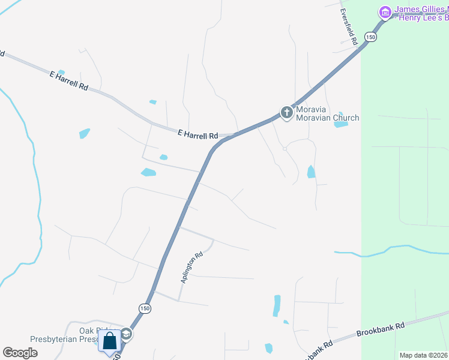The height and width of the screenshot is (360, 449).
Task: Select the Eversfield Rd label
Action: [348, 28]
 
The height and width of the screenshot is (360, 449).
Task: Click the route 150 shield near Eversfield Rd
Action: [371, 37]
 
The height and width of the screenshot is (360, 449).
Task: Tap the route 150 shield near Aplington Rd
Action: [144, 308]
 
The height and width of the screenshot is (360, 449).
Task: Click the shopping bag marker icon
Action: [110, 342]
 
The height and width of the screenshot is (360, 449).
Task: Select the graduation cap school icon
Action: [126, 334]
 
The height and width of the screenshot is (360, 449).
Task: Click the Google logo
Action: [20, 353]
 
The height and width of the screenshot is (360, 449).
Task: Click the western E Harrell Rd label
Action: [68, 80]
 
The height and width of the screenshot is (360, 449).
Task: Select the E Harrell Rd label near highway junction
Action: [197, 134]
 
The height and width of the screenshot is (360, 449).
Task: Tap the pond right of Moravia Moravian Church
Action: [341, 122]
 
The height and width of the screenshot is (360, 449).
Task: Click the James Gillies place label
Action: [421, 10]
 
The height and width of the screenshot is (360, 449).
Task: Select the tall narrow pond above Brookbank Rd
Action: [277, 305]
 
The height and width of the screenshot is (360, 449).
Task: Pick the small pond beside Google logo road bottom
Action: [268, 348]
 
